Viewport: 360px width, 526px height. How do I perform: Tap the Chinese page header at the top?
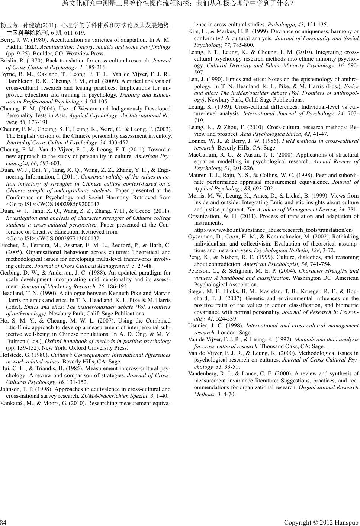tap(180, 4)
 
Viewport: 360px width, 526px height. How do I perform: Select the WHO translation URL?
tap(273, 230)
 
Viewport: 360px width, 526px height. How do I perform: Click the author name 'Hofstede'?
tap(11, 355)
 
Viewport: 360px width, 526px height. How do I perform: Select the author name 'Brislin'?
tap(8, 60)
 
